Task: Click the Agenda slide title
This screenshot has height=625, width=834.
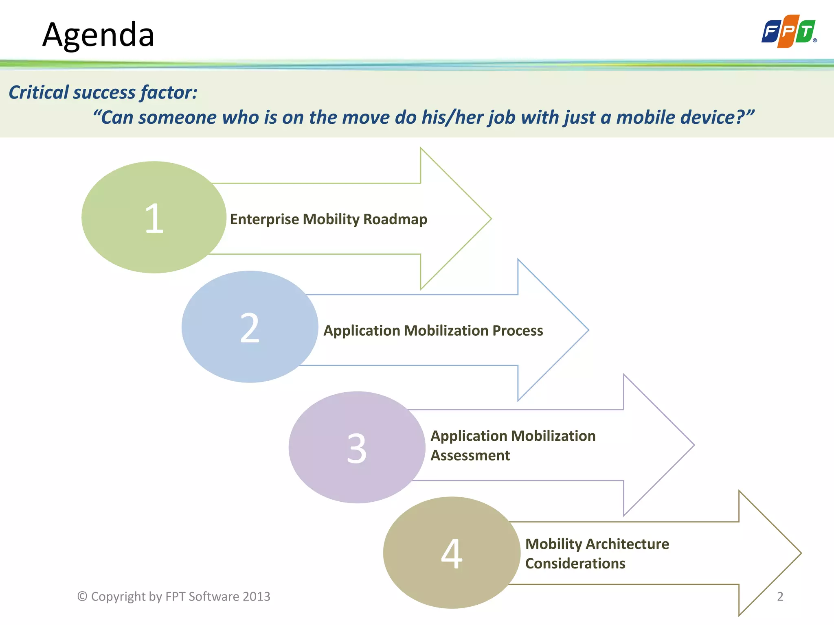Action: click(98, 35)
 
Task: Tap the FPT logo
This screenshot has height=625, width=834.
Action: click(789, 31)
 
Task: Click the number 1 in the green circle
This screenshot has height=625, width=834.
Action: click(154, 219)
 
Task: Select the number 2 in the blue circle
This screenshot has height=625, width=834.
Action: click(250, 328)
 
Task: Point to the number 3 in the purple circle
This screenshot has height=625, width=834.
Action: click(357, 448)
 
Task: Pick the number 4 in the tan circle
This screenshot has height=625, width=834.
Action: click(452, 554)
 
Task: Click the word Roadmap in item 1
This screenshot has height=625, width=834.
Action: click(395, 219)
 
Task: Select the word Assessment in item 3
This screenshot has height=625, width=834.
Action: click(470, 455)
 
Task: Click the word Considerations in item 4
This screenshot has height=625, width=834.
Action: click(575, 564)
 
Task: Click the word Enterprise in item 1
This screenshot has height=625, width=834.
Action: click(265, 219)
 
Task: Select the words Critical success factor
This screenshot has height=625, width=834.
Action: click(103, 92)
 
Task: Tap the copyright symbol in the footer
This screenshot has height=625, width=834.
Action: click(82, 596)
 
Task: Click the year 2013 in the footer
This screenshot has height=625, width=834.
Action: click(256, 597)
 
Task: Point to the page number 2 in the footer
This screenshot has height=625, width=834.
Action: click(780, 597)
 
